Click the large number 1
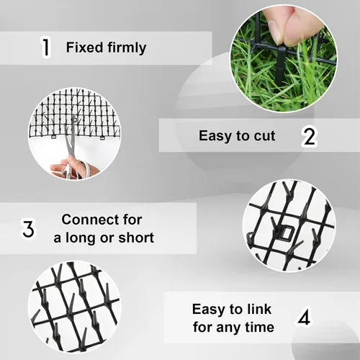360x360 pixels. click(x=45, y=47)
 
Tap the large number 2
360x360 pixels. click(x=310, y=137)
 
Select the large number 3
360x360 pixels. click(x=29, y=228)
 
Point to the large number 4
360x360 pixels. click(x=304, y=317)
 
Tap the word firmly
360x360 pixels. click(x=127, y=48)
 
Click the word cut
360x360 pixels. click(x=264, y=136)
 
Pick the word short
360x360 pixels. click(x=136, y=238)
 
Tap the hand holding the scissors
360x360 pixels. click(x=72, y=167)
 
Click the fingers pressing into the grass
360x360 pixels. click(x=288, y=24)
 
